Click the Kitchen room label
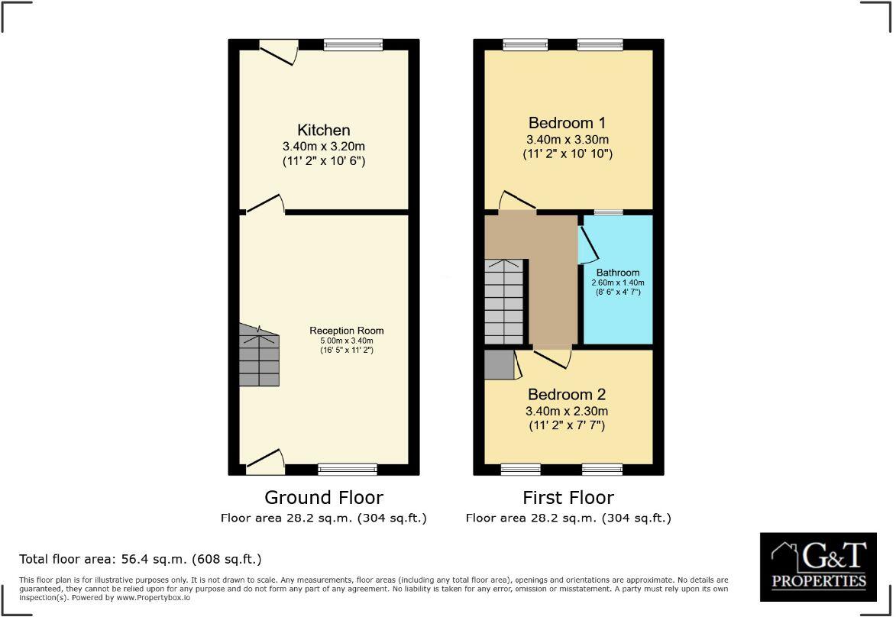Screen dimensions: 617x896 (x=324, y=130)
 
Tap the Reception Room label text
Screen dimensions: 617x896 (x=346, y=331)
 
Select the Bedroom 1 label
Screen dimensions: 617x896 (x=568, y=123)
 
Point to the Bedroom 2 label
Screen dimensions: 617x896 (x=567, y=395)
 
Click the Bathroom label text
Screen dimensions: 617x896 (x=618, y=273)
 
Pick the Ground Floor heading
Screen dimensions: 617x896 (x=324, y=498)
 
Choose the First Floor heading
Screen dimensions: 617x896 (x=568, y=498)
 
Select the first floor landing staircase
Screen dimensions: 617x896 (x=504, y=302)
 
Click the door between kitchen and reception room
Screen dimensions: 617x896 (x=264, y=203)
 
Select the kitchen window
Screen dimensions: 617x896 (x=352, y=46)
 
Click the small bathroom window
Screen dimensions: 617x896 (x=608, y=212)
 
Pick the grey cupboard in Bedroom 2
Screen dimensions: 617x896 (x=499, y=364)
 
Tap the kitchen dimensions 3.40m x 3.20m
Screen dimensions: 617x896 (x=324, y=146)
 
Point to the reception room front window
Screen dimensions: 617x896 (x=348, y=468)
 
